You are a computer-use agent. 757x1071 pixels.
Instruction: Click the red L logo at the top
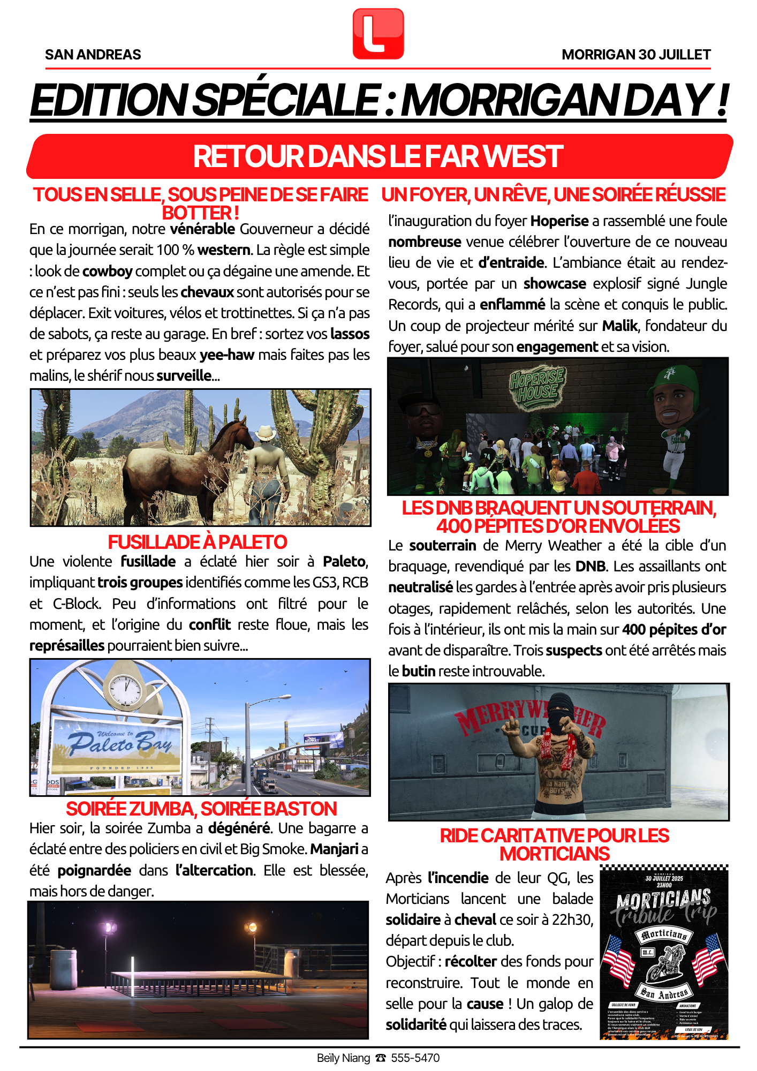tap(378, 34)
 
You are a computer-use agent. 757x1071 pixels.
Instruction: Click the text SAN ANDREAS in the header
tap(93, 55)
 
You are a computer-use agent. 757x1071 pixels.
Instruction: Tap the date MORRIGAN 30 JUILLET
tap(636, 55)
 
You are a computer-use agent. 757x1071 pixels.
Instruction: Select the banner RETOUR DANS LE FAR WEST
tap(378, 156)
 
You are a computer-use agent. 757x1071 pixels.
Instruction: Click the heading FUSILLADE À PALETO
tap(198, 542)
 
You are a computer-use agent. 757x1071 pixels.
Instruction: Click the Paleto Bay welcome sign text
tap(119, 743)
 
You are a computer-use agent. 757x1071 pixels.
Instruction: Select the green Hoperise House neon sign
tap(537, 386)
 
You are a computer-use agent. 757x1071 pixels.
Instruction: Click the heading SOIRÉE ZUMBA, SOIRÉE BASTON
tap(201, 809)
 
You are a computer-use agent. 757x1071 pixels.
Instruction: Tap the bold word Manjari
tap(334, 849)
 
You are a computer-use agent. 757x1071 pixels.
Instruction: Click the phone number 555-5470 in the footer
tap(415, 1058)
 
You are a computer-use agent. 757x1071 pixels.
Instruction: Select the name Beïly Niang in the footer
tap(343, 1058)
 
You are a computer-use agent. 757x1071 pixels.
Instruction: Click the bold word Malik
tap(619, 326)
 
